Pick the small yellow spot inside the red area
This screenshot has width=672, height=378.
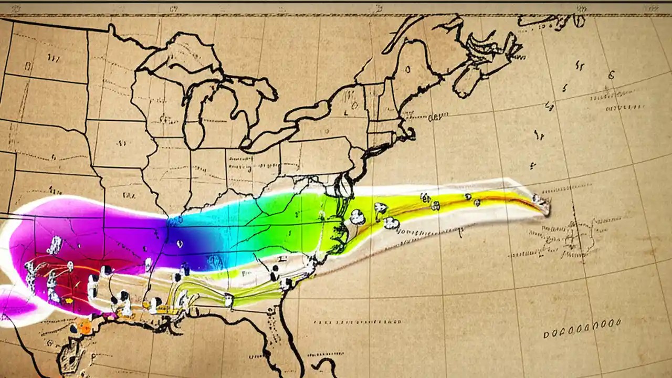point(68,301)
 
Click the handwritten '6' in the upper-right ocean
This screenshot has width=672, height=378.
point(611,75)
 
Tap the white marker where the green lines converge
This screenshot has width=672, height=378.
point(228,300)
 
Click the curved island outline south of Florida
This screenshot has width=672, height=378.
point(328,365)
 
